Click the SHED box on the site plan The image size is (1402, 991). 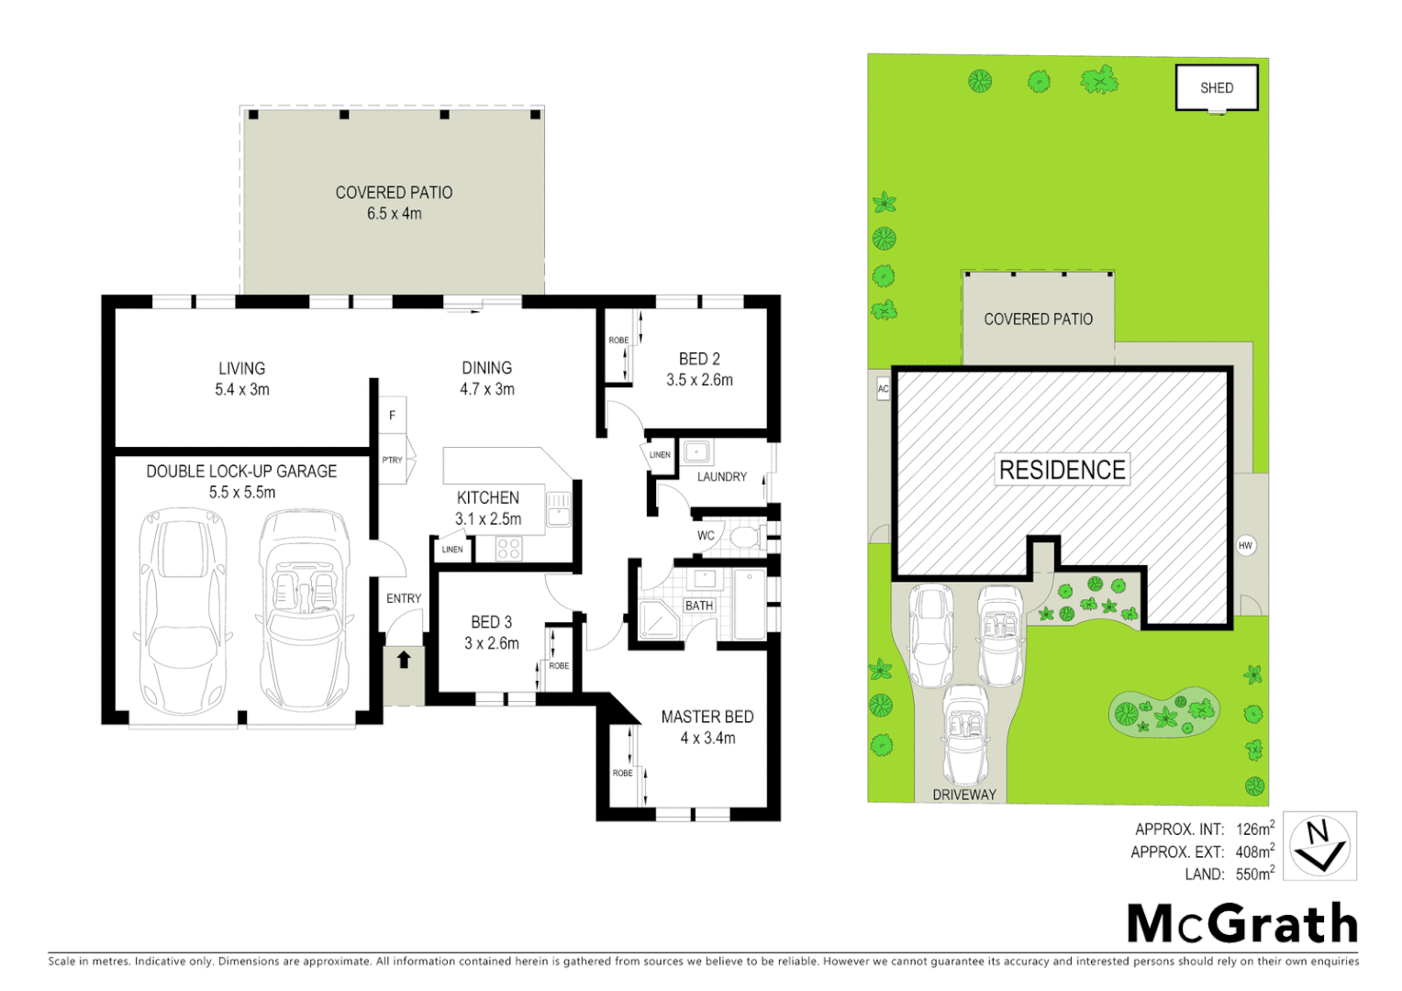1217,88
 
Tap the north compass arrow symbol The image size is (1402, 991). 1319,845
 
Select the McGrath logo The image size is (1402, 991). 1242,923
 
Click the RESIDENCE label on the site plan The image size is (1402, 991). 1062,470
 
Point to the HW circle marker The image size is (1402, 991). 1245,545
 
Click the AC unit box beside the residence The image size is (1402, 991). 883,388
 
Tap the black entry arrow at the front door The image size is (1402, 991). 404,659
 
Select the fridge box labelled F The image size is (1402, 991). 393,416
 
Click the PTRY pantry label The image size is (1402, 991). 392,460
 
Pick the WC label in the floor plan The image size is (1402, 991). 706,536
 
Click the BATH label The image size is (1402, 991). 699,606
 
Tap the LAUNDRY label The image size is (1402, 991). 722,477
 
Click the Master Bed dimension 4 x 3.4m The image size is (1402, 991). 707,738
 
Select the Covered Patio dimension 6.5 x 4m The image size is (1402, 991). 395,214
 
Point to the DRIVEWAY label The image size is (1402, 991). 964,795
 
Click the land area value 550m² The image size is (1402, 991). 1254,874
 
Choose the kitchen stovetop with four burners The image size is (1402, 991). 508,549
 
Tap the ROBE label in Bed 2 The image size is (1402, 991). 618,340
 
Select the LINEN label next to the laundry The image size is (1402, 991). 660,455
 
